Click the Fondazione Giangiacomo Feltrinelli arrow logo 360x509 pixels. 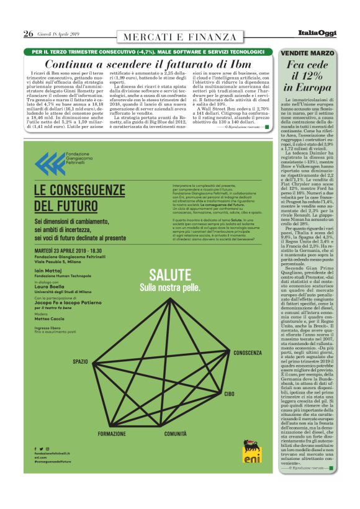[x=45, y=164]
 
